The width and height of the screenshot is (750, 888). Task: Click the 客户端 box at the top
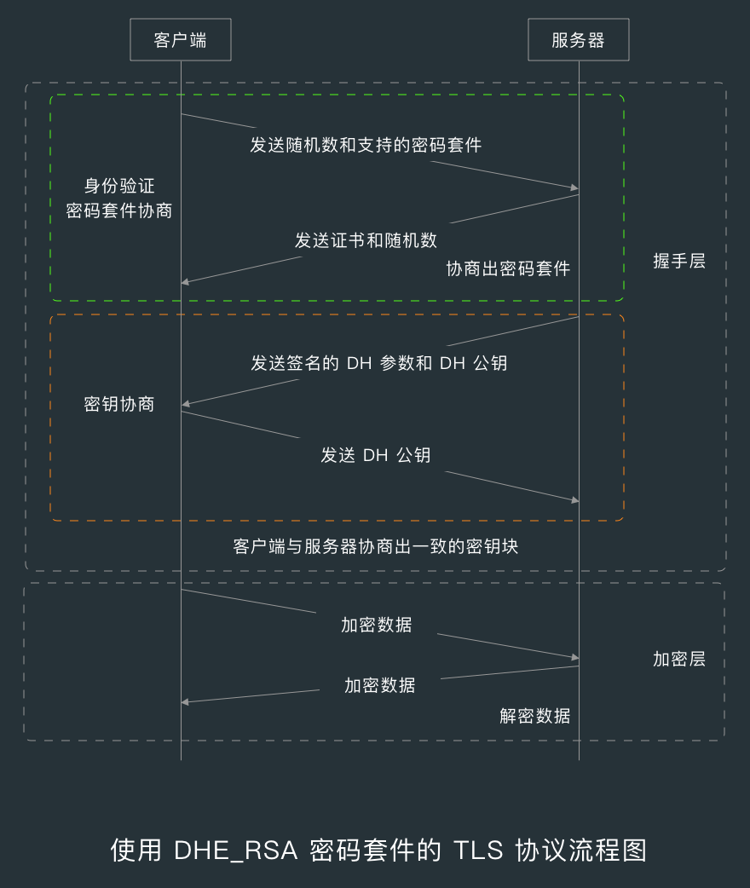click(x=180, y=40)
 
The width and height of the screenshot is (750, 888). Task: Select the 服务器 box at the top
click(x=578, y=40)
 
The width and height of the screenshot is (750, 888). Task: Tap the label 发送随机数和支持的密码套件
click(x=366, y=145)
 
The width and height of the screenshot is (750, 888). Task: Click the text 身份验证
click(x=119, y=186)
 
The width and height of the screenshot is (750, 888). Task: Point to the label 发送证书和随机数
click(x=366, y=240)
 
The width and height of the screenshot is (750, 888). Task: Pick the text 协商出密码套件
click(x=508, y=268)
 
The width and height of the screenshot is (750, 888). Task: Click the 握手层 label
click(x=679, y=262)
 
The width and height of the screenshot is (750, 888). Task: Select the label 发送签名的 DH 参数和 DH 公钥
click(x=378, y=363)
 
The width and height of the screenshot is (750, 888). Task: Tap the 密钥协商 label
click(x=119, y=404)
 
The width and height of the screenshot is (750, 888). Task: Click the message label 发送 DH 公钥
click(x=375, y=455)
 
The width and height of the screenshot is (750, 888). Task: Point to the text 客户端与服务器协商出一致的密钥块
click(x=375, y=546)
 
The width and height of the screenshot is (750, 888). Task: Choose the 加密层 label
click(x=679, y=659)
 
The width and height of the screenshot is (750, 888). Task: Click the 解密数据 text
click(x=535, y=716)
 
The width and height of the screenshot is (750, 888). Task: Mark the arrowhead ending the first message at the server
click(x=575, y=187)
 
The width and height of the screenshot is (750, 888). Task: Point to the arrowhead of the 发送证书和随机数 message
click(x=185, y=282)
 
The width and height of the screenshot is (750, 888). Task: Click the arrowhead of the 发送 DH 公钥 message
click(x=575, y=500)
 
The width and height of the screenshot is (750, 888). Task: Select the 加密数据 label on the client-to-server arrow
click(x=376, y=625)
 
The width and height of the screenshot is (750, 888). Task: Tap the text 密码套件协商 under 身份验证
click(x=119, y=210)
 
